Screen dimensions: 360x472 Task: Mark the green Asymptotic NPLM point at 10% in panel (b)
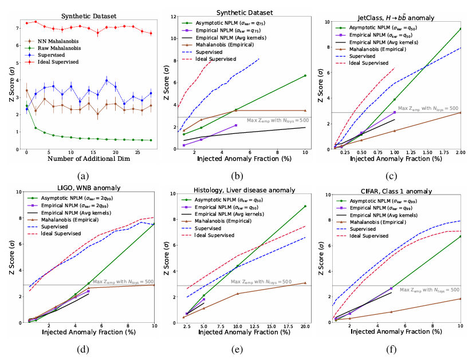click(x=305, y=76)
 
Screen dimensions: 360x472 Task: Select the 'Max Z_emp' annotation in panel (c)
click(x=428, y=108)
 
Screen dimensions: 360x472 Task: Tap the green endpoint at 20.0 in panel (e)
click(x=305, y=206)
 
